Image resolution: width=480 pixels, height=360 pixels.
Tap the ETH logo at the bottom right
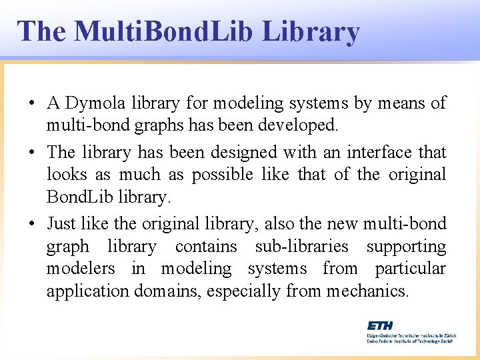(380, 325)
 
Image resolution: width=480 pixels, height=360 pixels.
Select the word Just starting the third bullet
(61, 223)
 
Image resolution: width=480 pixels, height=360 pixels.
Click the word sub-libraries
(301, 246)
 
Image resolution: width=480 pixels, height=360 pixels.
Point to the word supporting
(406, 246)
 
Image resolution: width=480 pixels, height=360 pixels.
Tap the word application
(88, 291)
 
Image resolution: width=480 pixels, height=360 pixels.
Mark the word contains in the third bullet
(206, 246)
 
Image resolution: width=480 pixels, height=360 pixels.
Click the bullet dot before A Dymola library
(31, 104)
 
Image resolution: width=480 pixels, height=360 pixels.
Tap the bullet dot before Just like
(31, 224)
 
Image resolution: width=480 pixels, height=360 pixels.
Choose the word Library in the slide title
(311, 31)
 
